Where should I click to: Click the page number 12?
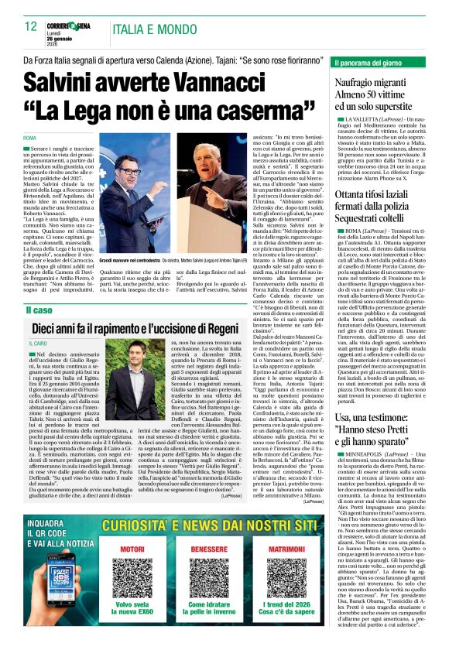point(31,26)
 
